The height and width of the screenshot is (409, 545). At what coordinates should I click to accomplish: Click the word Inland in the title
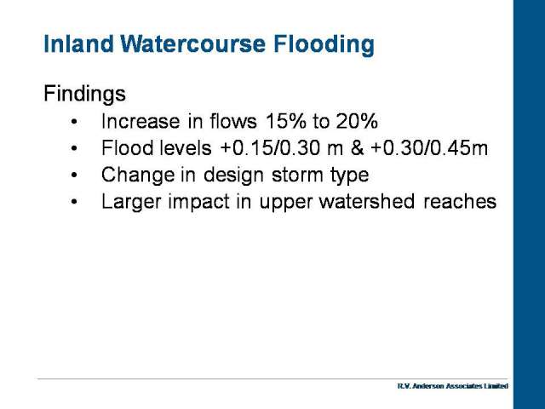point(78,44)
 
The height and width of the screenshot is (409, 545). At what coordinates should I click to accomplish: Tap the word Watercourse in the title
point(193,44)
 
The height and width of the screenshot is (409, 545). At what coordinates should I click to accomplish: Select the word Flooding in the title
point(324,45)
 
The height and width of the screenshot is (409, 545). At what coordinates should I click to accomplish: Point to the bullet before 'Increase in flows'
point(74,122)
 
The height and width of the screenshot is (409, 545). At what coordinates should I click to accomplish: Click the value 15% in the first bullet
point(286,121)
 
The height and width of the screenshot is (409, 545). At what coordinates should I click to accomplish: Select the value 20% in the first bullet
point(357,121)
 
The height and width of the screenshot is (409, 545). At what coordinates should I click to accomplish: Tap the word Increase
point(141,121)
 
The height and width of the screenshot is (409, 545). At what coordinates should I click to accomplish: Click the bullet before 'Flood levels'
point(74,148)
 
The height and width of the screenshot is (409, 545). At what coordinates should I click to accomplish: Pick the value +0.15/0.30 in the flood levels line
point(270,147)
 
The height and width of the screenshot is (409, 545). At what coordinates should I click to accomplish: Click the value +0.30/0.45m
point(429,147)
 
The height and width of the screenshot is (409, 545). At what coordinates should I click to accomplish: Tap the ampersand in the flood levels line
point(357,147)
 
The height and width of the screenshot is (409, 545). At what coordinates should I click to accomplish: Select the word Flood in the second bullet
point(127,147)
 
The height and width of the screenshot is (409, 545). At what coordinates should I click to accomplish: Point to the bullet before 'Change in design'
point(74,176)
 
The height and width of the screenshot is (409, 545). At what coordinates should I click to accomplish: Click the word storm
point(297,175)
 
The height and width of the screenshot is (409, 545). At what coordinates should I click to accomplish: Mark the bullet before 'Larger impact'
point(74,202)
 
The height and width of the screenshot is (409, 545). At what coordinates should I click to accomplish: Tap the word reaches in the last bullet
point(460,202)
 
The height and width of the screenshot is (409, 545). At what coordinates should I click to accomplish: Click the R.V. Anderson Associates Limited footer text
point(452,386)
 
